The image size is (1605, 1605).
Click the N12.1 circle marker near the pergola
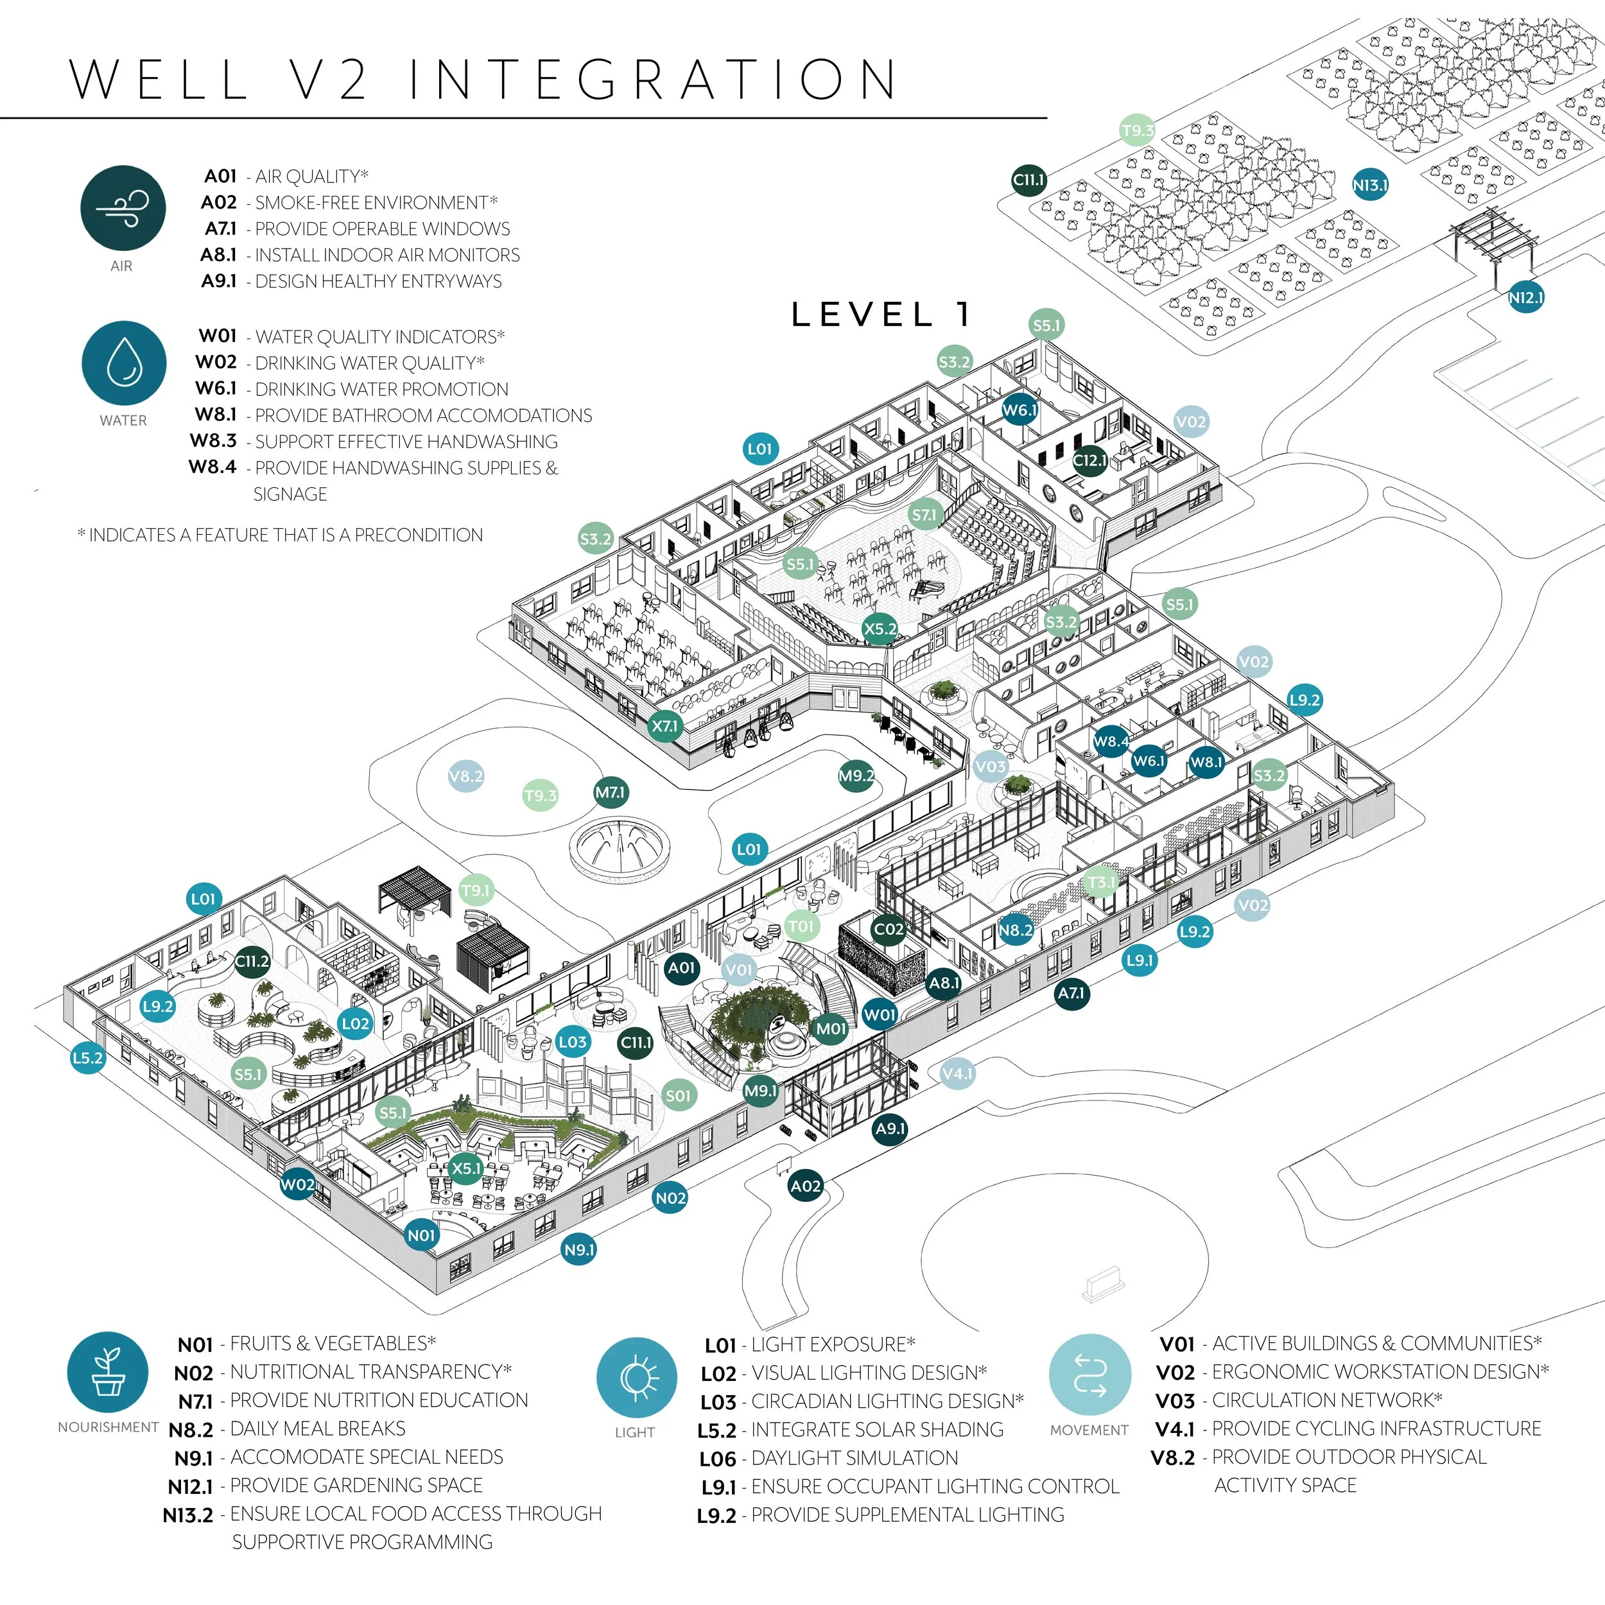(x=1525, y=297)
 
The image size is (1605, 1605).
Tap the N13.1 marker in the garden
(x=1370, y=186)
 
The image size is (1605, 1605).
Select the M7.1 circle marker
(x=611, y=792)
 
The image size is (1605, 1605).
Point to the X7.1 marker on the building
(x=664, y=726)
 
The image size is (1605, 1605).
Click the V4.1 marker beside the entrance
(x=957, y=1073)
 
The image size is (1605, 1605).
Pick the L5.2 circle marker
(x=87, y=1057)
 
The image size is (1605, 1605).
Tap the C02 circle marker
(x=888, y=930)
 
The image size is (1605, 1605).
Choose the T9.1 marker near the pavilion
(x=475, y=890)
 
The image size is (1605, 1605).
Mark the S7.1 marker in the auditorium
(x=924, y=515)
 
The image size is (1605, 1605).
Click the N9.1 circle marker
(x=579, y=1249)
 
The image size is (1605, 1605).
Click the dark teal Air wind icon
(x=123, y=207)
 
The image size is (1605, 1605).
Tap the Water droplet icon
(x=125, y=363)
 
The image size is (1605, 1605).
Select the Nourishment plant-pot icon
(x=108, y=1373)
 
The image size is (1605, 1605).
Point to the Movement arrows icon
(x=1090, y=1375)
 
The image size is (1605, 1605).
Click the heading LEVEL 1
(x=881, y=315)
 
